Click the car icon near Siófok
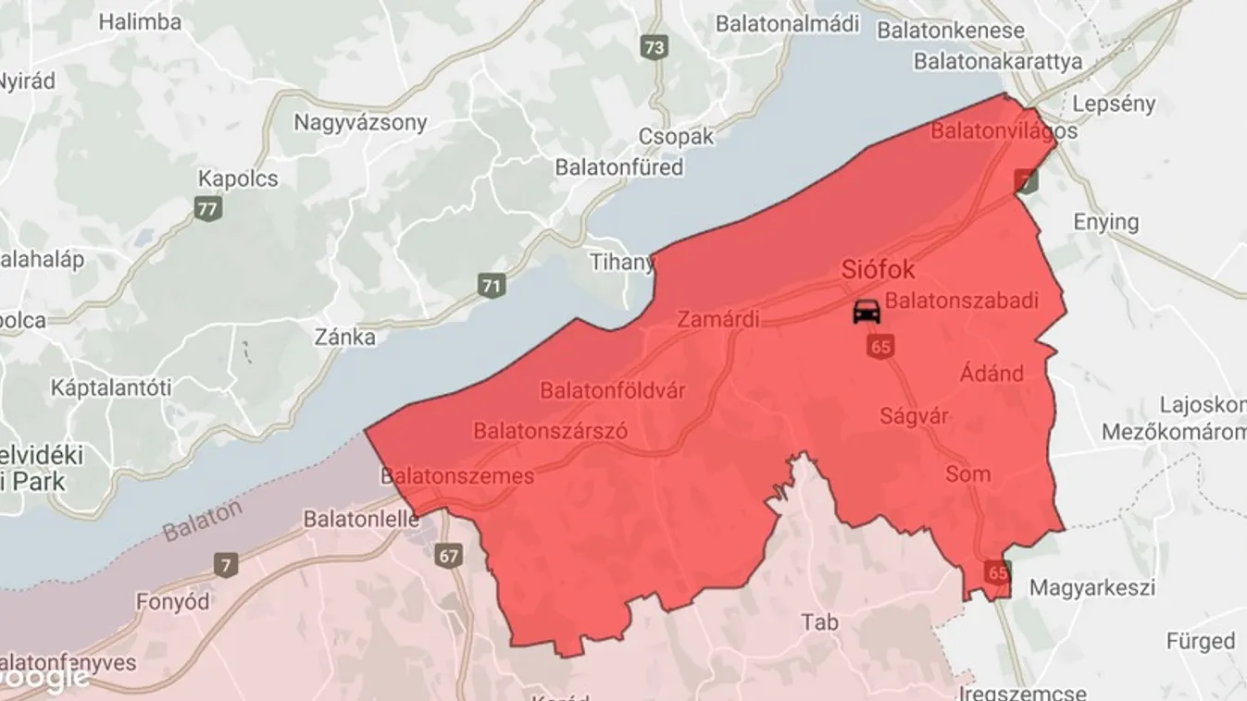(x=867, y=311)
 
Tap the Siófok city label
(x=878, y=270)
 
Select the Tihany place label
(x=622, y=263)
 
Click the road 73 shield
(x=655, y=48)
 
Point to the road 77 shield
(x=208, y=208)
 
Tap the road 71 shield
(x=492, y=286)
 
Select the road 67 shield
(x=449, y=556)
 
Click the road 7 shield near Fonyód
(x=224, y=564)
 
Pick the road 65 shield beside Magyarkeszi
(x=997, y=572)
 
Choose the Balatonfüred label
(x=618, y=167)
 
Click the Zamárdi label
(x=718, y=320)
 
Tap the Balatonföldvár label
(x=613, y=390)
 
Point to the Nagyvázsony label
(x=360, y=122)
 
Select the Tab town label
(x=820, y=622)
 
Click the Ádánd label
(x=991, y=374)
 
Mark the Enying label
(x=1105, y=222)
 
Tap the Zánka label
(x=344, y=337)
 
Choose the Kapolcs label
(x=238, y=178)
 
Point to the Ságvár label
(x=915, y=416)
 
